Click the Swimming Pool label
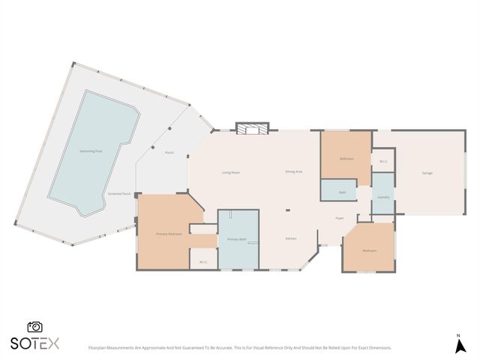pos(91,151)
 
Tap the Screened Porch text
pos(119,193)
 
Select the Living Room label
pos(230,172)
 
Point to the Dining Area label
pos(293,172)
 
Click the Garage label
pos(427,173)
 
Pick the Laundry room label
pos(382,197)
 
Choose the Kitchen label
pos(291,238)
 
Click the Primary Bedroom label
pos(169,234)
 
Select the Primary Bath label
pos(237,239)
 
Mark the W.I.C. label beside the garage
pos(382,160)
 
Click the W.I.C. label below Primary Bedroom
pos(203,262)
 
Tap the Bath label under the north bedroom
pos(342,192)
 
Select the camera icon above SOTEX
pos(34,327)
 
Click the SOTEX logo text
pos(34,343)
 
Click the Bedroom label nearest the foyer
pos(368,250)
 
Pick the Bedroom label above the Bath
pos(346,159)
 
